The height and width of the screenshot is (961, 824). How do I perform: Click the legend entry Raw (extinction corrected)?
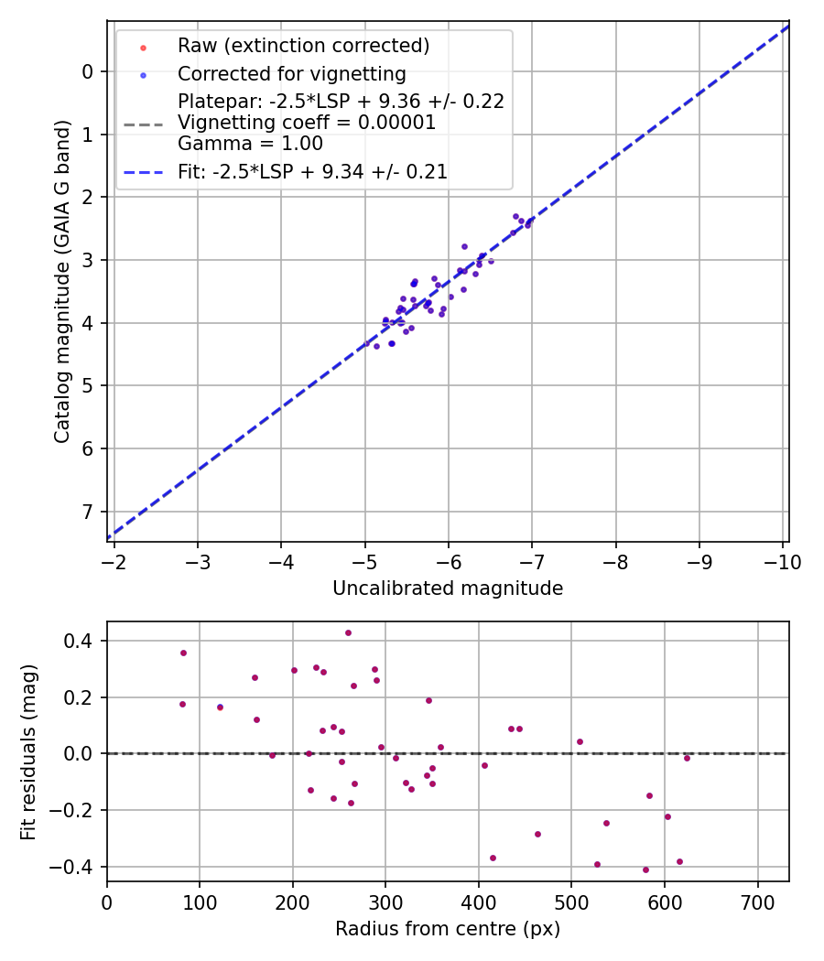click(x=303, y=46)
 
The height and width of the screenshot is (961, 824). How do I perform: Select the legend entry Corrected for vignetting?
click(x=292, y=73)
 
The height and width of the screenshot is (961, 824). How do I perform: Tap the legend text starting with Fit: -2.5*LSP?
click(x=312, y=171)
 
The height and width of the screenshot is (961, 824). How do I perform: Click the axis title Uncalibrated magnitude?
click(x=448, y=588)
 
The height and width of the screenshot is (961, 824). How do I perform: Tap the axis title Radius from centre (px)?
click(x=448, y=929)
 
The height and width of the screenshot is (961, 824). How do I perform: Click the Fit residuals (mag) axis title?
click(x=28, y=751)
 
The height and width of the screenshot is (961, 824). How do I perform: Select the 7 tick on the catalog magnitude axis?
click(x=89, y=512)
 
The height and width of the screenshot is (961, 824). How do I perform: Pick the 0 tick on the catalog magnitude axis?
click(x=89, y=71)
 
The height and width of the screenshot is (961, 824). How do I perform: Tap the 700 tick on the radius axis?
click(x=757, y=902)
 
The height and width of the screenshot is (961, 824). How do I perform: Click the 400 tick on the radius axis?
click(x=479, y=902)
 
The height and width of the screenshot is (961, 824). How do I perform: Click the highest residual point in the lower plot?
click(x=348, y=632)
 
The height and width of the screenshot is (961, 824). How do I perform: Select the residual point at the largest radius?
click(x=687, y=758)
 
